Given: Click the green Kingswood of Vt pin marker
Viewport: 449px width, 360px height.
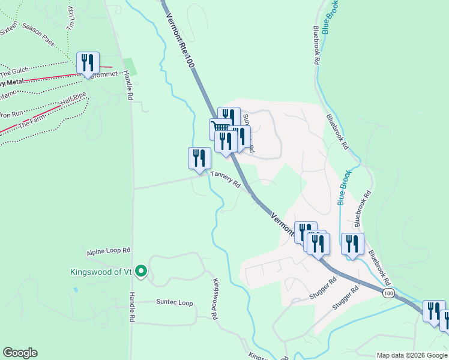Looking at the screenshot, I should pyautogui.click(x=141, y=272).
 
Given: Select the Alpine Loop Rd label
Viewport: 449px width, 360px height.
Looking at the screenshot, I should pyautogui.click(x=108, y=250).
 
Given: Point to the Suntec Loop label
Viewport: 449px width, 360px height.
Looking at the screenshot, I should pyautogui.click(x=175, y=302).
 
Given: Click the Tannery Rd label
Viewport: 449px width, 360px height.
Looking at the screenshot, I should pyautogui.click(x=226, y=179).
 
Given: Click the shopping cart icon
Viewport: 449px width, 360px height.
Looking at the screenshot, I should pyautogui.click(x=219, y=128).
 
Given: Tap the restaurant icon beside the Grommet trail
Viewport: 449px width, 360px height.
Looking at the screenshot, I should pyautogui.click(x=88, y=62).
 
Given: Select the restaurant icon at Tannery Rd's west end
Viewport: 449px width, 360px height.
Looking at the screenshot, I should pyautogui.click(x=199, y=158).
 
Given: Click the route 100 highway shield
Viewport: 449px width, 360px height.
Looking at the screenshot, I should pyautogui.click(x=388, y=293).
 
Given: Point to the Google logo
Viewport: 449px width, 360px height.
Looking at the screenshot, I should pyautogui.click(x=20, y=353).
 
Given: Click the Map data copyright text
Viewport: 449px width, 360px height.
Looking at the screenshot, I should pyautogui.click(x=411, y=355).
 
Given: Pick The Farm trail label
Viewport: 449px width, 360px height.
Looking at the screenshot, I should pyautogui.click(x=32, y=123).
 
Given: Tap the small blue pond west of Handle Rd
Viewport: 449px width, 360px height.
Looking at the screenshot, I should pyautogui.click(x=74, y=290).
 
